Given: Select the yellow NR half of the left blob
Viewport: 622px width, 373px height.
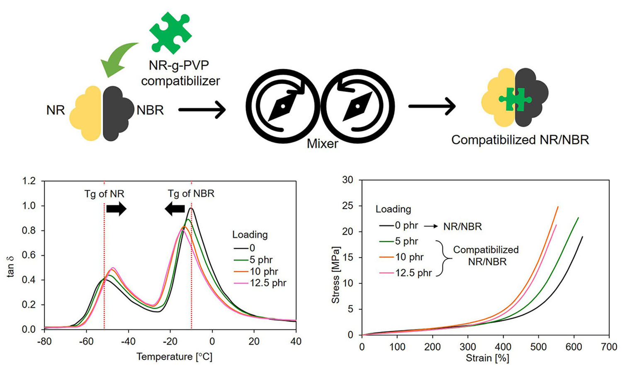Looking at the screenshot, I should [x=87, y=113].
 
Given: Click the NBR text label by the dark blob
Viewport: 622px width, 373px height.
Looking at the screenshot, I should [x=150, y=110].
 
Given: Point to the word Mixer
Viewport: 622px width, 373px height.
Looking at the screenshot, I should [x=322, y=144].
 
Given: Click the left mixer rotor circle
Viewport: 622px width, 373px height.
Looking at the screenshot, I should [x=282, y=106].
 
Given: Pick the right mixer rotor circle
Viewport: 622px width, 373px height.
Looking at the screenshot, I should [x=358, y=106].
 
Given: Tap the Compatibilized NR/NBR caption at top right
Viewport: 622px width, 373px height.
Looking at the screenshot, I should [x=520, y=140].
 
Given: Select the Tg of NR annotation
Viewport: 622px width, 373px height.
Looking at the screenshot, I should [x=104, y=194].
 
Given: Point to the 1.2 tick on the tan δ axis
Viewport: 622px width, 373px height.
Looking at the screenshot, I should [x=29, y=181].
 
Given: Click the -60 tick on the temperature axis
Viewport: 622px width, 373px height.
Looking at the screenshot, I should [x=86, y=342].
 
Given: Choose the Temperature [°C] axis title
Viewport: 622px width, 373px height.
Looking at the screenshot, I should [x=174, y=357].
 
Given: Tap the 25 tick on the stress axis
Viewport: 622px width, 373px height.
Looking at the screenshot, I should [x=347, y=206].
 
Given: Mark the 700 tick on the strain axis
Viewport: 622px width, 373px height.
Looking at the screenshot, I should [x=609, y=347].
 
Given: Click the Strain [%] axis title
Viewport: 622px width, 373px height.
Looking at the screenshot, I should [x=487, y=358].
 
